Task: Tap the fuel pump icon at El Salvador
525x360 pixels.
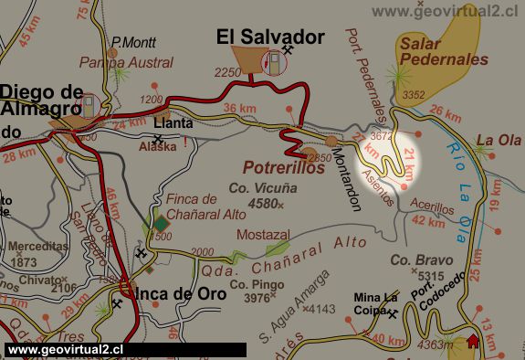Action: click(272, 64)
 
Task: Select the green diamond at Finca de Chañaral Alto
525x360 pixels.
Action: click(161, 223)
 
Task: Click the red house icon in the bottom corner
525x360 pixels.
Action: click(472, 342)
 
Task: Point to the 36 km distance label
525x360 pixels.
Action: click(239, 108)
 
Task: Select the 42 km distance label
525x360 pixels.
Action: click(430, 221)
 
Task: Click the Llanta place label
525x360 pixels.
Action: click(173, 122)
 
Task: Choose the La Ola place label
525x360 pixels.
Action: click(497, 141)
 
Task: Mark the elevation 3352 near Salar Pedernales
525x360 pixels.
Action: click(413, 94)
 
